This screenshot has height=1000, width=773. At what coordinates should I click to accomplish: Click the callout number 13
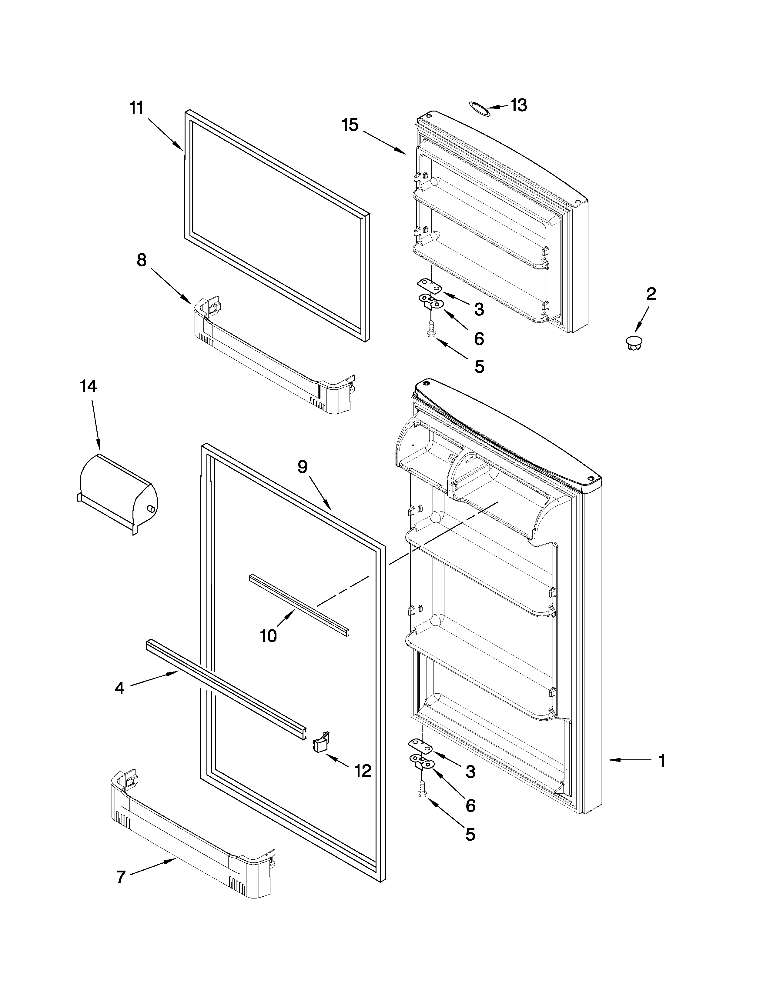click(519, 105)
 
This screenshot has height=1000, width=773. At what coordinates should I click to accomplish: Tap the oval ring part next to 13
click(479, 109)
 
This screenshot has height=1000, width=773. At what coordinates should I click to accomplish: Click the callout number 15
click(350, 125)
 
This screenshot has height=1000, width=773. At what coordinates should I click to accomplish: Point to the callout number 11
click(136, 108)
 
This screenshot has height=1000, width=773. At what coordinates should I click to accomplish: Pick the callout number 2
click(651, 294)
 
